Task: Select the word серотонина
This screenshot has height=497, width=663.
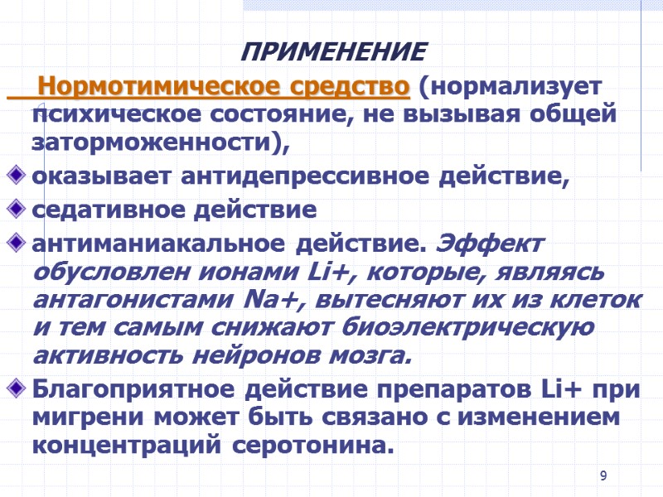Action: click(308, 446)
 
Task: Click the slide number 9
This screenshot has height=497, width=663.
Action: click(603, 475)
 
